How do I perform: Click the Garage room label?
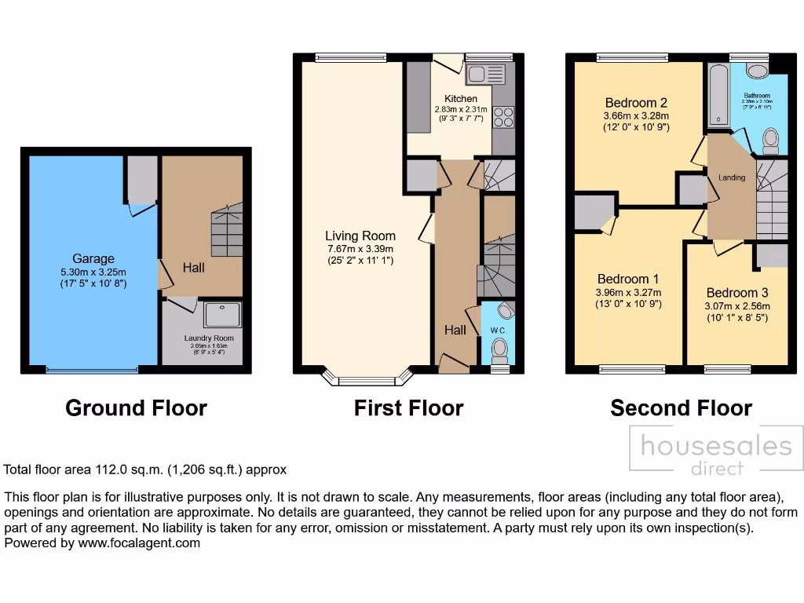click(x=93, y=258)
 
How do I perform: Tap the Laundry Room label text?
click(x=209, y=338)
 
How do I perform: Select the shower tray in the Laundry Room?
click(x=224, y=315)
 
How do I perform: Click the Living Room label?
click(x=361, y=236)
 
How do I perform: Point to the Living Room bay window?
click(x=367, y=381)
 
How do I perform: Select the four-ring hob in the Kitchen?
click(x=502, y=117)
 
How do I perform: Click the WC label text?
click(x=498, y=331)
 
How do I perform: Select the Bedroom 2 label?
click(x=636, y=103)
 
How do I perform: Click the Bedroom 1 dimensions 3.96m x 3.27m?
click(x=628, y=292)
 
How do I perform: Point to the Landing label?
click(x=732, y=177)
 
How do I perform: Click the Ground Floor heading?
click(x=136, y=408)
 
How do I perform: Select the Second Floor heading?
click(x=681, y=408)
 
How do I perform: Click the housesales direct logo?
click(x=716, y=453)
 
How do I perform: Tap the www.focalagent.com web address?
click(x=139, y=543)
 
